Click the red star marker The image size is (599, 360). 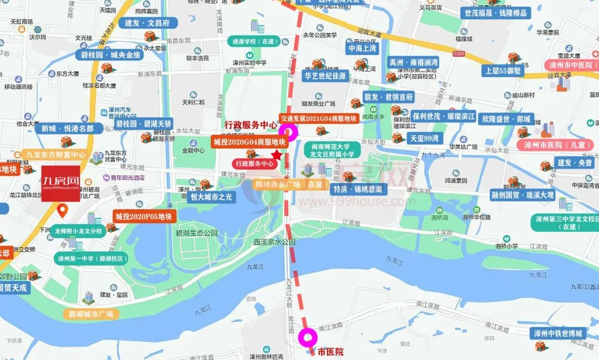pos(277,155)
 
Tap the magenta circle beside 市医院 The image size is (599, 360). pos(308,337)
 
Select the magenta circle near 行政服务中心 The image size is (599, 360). pos(288,131)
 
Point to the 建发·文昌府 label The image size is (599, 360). pos(147,23)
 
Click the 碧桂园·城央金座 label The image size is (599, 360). pos(111,55)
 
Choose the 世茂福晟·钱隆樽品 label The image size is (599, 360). pos(495,13)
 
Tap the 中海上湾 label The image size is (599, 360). pos(362,48)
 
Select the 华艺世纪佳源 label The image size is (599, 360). pos(325,76)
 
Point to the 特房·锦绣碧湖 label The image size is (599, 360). pos(359,189)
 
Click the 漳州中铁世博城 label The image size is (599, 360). pos(557,333)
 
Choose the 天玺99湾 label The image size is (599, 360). pos(424,138)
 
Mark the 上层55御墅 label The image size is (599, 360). pos(502,71)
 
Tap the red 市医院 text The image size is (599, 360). pos(331,352)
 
